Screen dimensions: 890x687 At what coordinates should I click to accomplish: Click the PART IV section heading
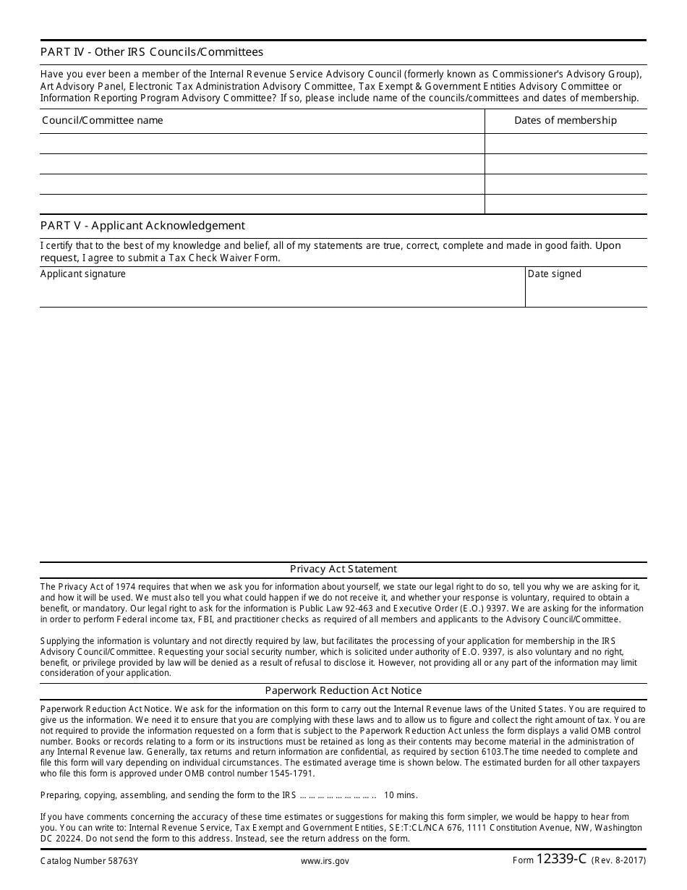click(x=152, y=52)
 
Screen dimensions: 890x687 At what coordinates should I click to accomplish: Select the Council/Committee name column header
click(x=103, y=120)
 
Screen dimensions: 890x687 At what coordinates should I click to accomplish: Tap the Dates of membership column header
click(x=566, y=120)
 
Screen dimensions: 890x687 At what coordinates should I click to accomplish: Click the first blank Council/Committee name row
click(x=262, y=143)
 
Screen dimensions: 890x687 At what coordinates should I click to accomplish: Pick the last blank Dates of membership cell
click(x=566, y=204)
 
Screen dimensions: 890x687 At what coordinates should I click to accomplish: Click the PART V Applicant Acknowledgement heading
click(x=142, y=225)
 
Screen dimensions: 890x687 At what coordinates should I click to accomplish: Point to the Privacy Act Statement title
click(x=343, y=569)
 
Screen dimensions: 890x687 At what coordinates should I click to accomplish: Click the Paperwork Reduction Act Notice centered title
click(x=343, y=690)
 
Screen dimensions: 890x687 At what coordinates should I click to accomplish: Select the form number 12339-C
click(x=561, y=860)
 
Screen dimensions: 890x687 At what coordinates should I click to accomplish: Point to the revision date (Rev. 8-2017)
click(x=619, y=861)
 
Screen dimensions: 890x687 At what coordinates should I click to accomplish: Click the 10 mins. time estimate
click(x=401, y=795)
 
